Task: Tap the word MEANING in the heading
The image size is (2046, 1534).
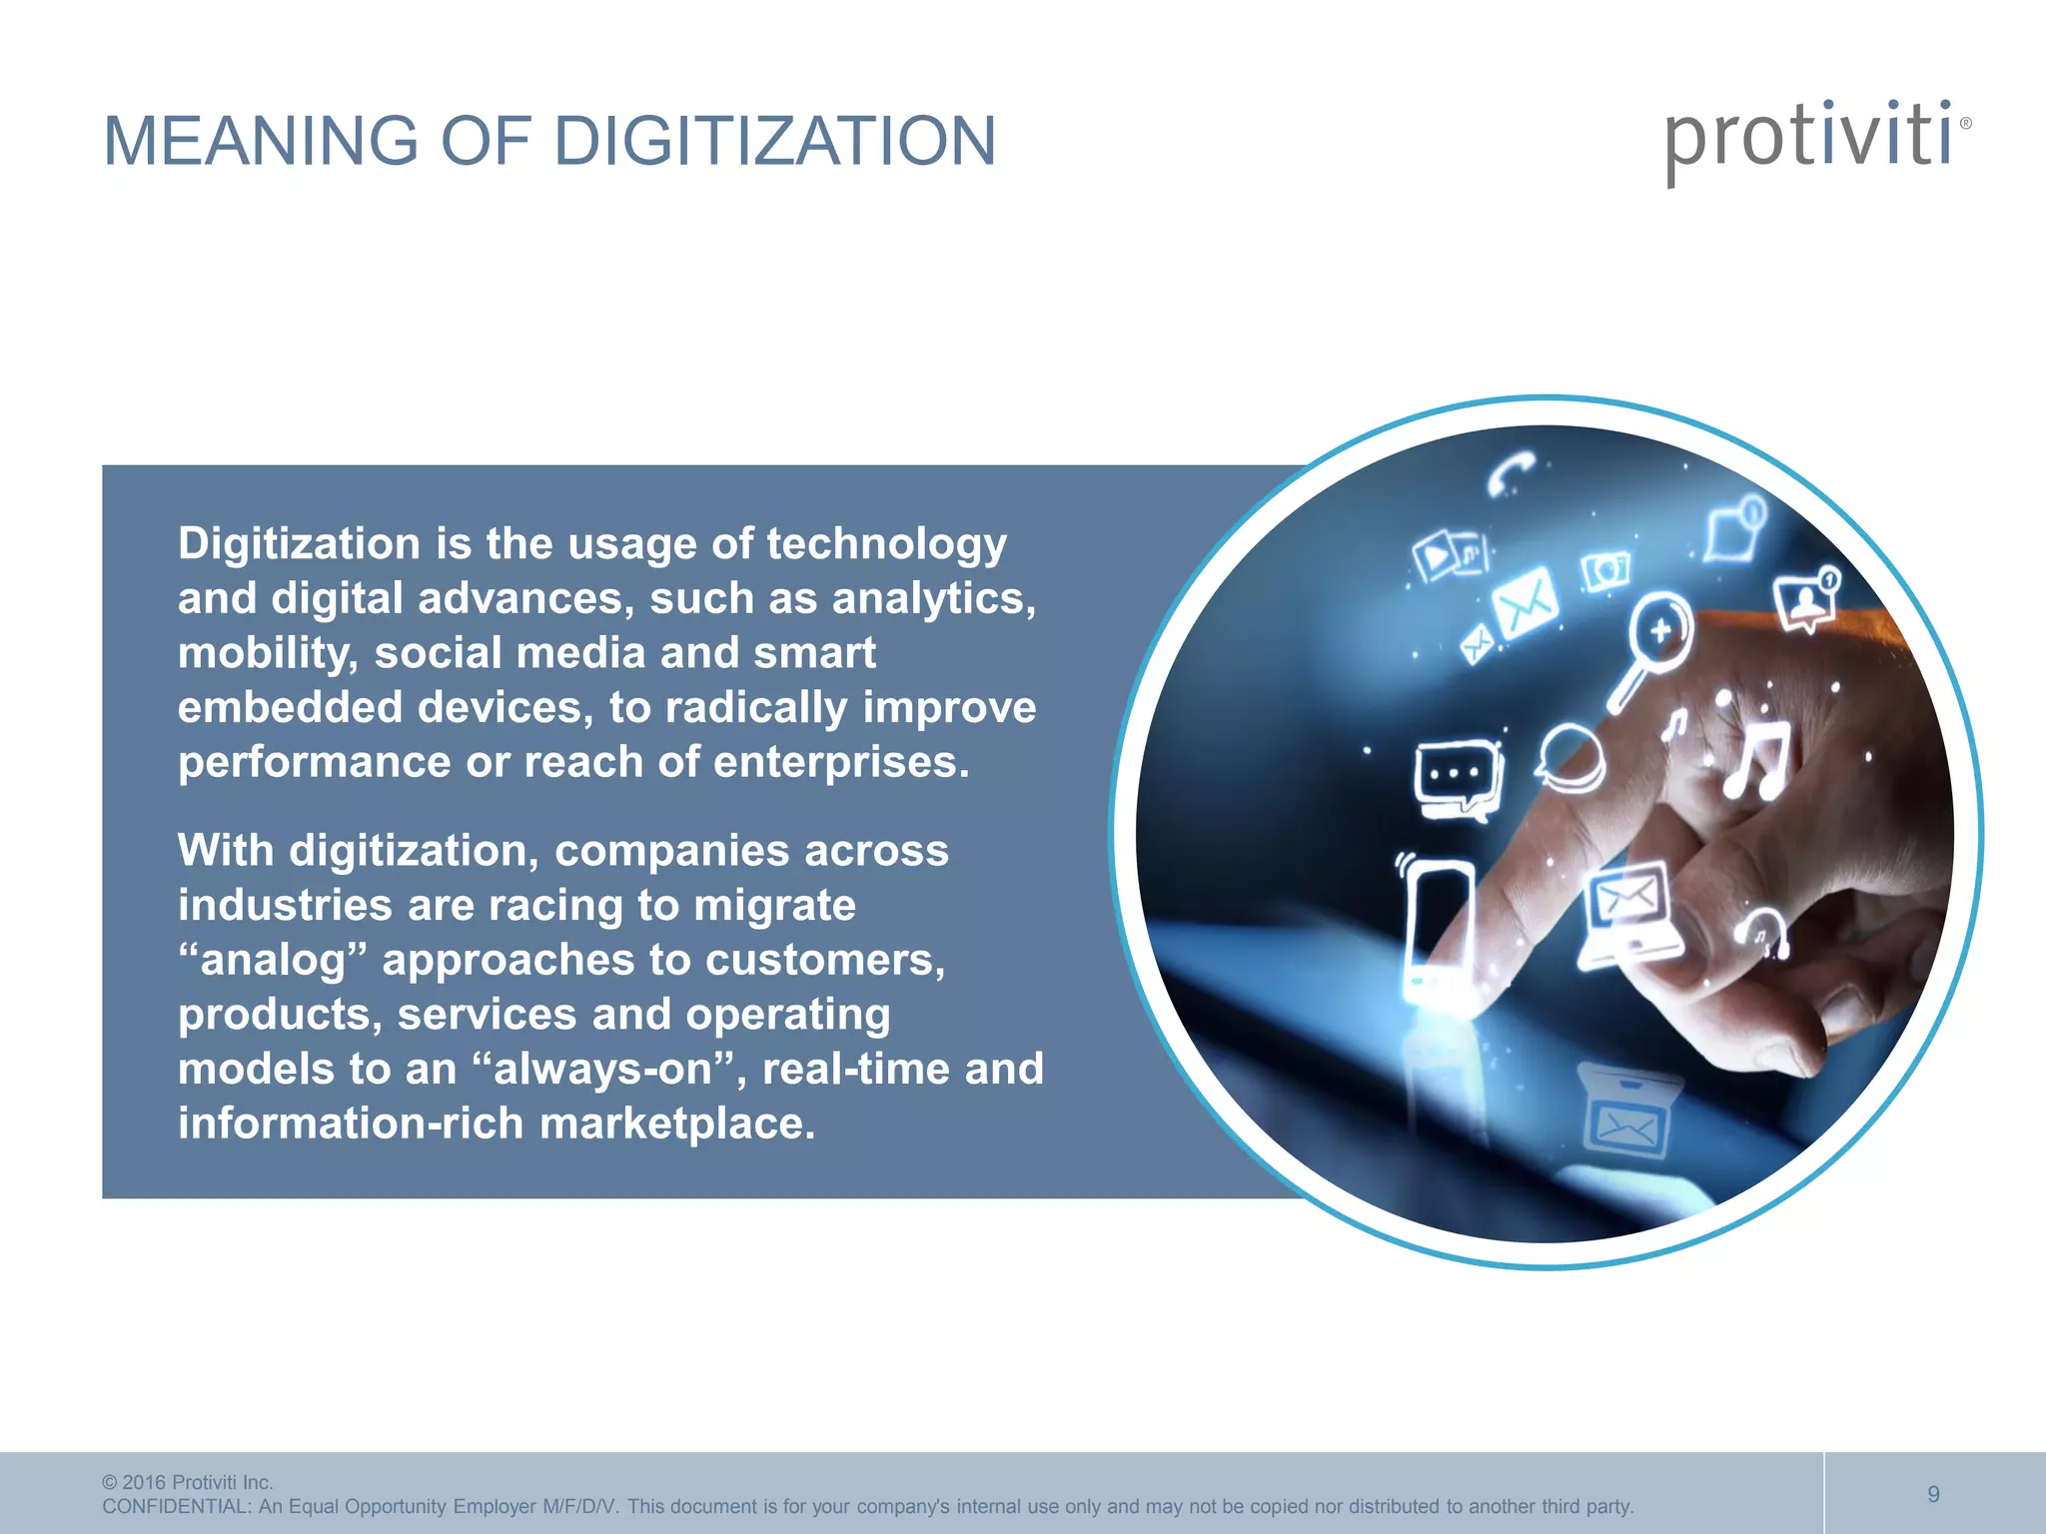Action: click(x=261, y=141)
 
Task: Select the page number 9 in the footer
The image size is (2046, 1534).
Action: click(x=1933, y=1494)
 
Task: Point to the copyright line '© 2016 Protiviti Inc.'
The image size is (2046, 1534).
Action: click(x=188, y=1482)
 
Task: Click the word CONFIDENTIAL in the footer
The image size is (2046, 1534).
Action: click(x=176, y=1506)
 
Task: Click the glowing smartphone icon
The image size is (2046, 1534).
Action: click(x=1437, y=924)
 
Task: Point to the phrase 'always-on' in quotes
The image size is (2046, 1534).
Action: click(x=603, y=1069)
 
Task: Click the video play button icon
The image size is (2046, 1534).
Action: click(x=1439, y=555)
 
